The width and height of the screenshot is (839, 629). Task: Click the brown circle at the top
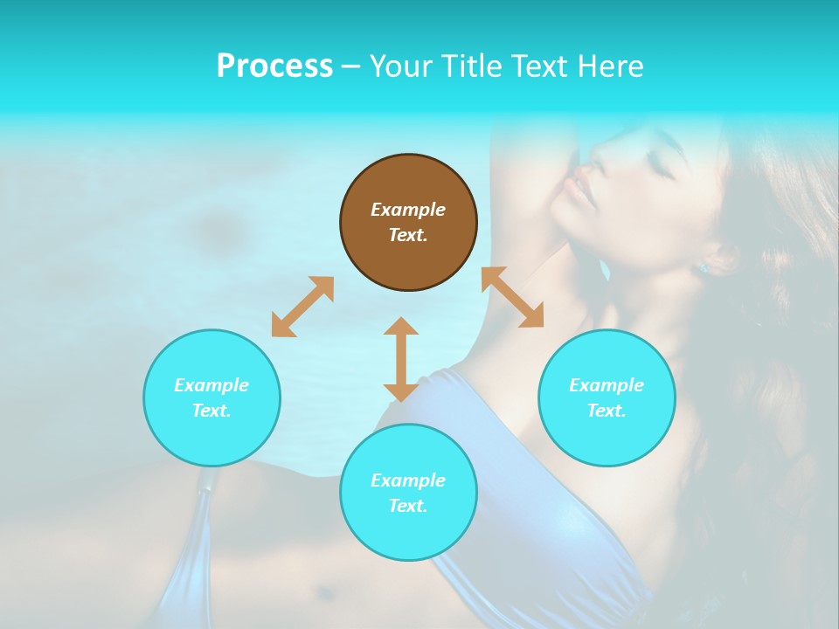click(408, 223)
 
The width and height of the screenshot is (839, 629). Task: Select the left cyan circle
click(211, 397)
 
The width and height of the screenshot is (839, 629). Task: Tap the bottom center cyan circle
click(408, 493)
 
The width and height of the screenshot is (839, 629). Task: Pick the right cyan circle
click(607, 397)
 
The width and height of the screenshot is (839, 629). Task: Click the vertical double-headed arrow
click(401, 359)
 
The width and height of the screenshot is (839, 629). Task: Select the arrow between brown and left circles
click(302, 307)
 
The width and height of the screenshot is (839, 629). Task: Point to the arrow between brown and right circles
click(512, 297)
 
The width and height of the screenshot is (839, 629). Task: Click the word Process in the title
click(274, 66)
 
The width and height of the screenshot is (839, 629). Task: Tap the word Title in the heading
click(472, 66)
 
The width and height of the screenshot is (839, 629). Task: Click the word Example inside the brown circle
click(408, 210)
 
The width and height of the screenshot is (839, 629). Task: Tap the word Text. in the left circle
click(211, 411)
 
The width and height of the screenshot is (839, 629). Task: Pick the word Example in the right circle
click(607, 385)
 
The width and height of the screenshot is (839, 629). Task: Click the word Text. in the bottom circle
click(408, 506)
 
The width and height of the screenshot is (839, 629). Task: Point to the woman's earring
click(704, 267)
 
